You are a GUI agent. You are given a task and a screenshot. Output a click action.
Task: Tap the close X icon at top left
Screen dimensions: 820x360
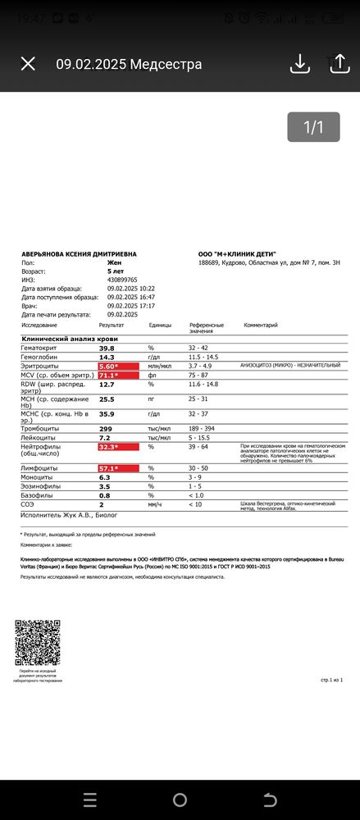click(x=28, y=64)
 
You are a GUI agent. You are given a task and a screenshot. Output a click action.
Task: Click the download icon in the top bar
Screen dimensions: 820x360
click(x=299, y=64)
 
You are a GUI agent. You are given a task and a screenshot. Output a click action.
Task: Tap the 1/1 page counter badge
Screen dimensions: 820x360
click(x=314, y=127)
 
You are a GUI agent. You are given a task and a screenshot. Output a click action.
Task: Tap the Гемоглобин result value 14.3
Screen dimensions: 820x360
click(x=107, y=357)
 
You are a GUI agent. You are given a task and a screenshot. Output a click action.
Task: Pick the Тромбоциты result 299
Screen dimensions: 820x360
click(x=106, y=428)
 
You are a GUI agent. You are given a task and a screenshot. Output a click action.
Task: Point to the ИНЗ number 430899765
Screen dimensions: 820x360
click(x=122, y=280)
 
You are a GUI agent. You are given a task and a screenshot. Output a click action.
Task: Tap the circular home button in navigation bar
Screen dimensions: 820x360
click(x=180, y=799)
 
